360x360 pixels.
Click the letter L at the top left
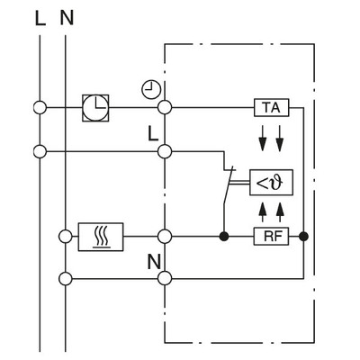coord(40,18)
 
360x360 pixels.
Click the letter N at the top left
coord(67,18)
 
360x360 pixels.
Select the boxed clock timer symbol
coord(94,107)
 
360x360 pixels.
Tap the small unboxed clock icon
coord(149,88)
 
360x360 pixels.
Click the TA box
coord(270,108)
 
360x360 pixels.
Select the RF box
coord(270,237)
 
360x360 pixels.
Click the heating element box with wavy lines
coord(101,237)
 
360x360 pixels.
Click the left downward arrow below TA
coord(261,141)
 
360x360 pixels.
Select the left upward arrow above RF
coord(261,211)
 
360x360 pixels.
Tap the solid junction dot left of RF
coord(223,237)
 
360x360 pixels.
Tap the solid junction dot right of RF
coord(304,237)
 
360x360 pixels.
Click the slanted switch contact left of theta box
coord(232,180)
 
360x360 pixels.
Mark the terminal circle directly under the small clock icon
coord(165,108)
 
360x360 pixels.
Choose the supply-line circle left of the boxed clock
coord(40,107)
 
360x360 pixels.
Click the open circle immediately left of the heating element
coord(66,237)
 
